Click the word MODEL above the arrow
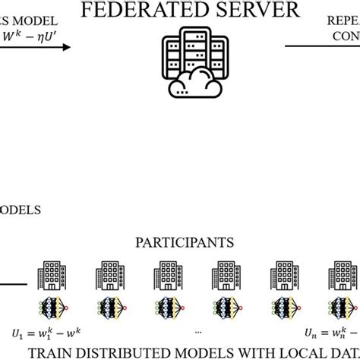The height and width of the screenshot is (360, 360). pyautogui.click(x=32, y=16)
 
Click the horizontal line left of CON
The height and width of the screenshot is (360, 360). pyautogui.click(x=308, y=46)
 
